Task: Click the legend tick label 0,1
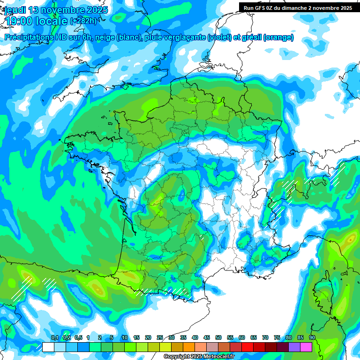[55, 337]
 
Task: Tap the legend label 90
[312, 337]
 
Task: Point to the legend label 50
[218, 337]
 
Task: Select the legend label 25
[160, 337]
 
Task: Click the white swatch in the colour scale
[48, 347]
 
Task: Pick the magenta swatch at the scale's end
[306, 347]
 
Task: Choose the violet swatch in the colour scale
[294, 347]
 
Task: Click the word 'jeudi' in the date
[15, 10]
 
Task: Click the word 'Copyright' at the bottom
[178, 357]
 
